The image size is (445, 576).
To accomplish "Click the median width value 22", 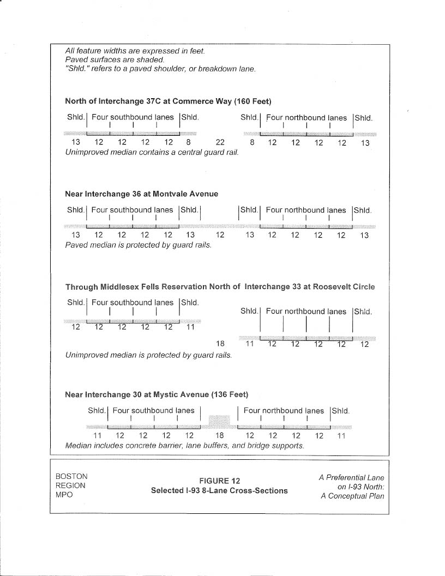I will [220, 143].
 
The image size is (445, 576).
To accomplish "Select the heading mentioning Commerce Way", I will [168, 101].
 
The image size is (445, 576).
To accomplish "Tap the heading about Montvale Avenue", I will [141, 194].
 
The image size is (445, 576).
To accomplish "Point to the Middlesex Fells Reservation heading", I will [220, 286].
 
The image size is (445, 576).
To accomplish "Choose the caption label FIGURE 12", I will [219, 481].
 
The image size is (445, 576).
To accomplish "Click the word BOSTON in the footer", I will [71, 476].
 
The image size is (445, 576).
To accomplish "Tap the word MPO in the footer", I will [65, 495].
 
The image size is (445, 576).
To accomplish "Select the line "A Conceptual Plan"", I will [352, 496].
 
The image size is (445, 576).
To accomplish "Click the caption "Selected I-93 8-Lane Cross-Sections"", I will [219, 490].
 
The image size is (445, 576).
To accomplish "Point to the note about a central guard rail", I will [152, 152].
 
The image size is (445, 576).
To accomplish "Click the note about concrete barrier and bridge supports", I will [184, 446].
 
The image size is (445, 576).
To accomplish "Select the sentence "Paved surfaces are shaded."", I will [114, 59].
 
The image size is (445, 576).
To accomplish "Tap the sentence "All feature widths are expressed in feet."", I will [135, 51].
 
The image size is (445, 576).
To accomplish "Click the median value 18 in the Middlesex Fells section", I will [220, 344].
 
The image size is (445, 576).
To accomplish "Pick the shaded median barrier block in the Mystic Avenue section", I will [219, 421].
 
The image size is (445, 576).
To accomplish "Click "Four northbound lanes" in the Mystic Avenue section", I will [284, 411].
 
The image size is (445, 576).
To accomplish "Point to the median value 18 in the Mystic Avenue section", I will [219, 436].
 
